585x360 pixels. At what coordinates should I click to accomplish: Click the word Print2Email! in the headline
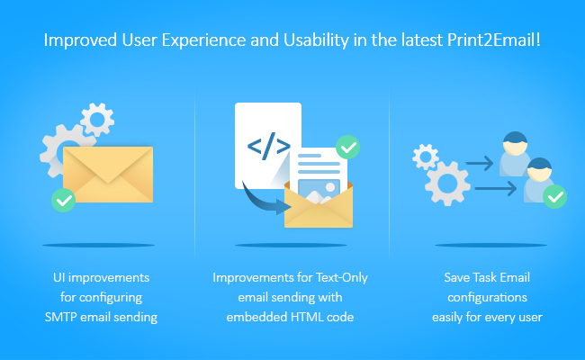click(x=493, y=40)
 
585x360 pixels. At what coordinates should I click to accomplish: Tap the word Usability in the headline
click(x=317, y=40)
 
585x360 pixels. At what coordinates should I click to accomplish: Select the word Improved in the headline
click(x=80, y=40)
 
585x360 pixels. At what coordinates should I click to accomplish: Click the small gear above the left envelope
click(x=97, y=120)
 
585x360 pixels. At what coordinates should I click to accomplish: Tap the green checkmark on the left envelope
click(x=63, y=201)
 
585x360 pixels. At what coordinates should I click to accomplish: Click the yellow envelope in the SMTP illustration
click(x=108, y=175)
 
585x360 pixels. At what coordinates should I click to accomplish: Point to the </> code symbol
click(x=268, y=146)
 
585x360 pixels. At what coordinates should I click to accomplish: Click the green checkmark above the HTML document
click(x=347, y=148)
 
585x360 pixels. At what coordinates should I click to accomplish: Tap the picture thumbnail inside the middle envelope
click(x=319, y=191)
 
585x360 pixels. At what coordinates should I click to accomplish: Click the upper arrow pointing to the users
click(x=480, y=163)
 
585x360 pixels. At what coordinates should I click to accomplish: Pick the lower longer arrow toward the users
click(x=496, y=188)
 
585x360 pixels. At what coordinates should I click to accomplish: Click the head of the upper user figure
click(x=515, y=143)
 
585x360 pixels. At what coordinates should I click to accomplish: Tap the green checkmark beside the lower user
click(x=554, y=196)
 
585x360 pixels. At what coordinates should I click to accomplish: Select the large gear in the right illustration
click(x=447, y=184)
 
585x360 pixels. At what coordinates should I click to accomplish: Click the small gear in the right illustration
click(x=426, y=157)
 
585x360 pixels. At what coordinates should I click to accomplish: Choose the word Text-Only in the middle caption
click(x=342, y=278)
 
